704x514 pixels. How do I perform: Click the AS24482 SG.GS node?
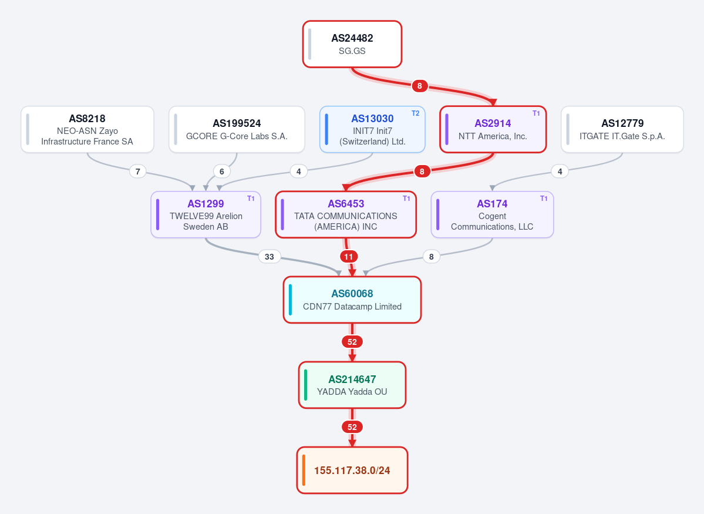[x=352, y=44]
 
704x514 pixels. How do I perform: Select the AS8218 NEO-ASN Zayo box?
[x=87, y=129]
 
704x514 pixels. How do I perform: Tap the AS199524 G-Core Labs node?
[x=237, y=129]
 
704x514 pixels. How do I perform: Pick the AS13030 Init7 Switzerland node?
[x=372, y=129]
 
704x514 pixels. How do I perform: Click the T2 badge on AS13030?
[x=415, y=113]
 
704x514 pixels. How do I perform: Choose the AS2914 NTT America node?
[x=493, y=129]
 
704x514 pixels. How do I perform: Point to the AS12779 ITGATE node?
[x=622, y=129]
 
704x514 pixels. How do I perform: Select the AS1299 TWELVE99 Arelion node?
[x=206, y=215]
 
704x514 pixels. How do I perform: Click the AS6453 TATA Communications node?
[x=346, y=215]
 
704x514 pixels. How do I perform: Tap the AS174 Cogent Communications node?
[x=492, y=215]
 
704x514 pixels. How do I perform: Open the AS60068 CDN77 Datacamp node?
[x=352, y=300]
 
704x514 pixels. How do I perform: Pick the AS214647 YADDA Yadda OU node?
[x=352, y=385]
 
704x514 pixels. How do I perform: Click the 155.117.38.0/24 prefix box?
[x=352, y=470]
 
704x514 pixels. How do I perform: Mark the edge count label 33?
[x=270, y=257]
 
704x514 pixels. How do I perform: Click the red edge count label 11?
[x=349, y=257]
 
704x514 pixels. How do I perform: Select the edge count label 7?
[x=138, y=171]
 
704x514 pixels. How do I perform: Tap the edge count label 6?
[x=222, y=171]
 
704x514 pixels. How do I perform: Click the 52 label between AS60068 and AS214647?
[x=352, y=342]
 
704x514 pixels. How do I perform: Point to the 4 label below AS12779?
[x=560, y=171]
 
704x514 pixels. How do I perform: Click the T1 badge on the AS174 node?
[x=544, y=198]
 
